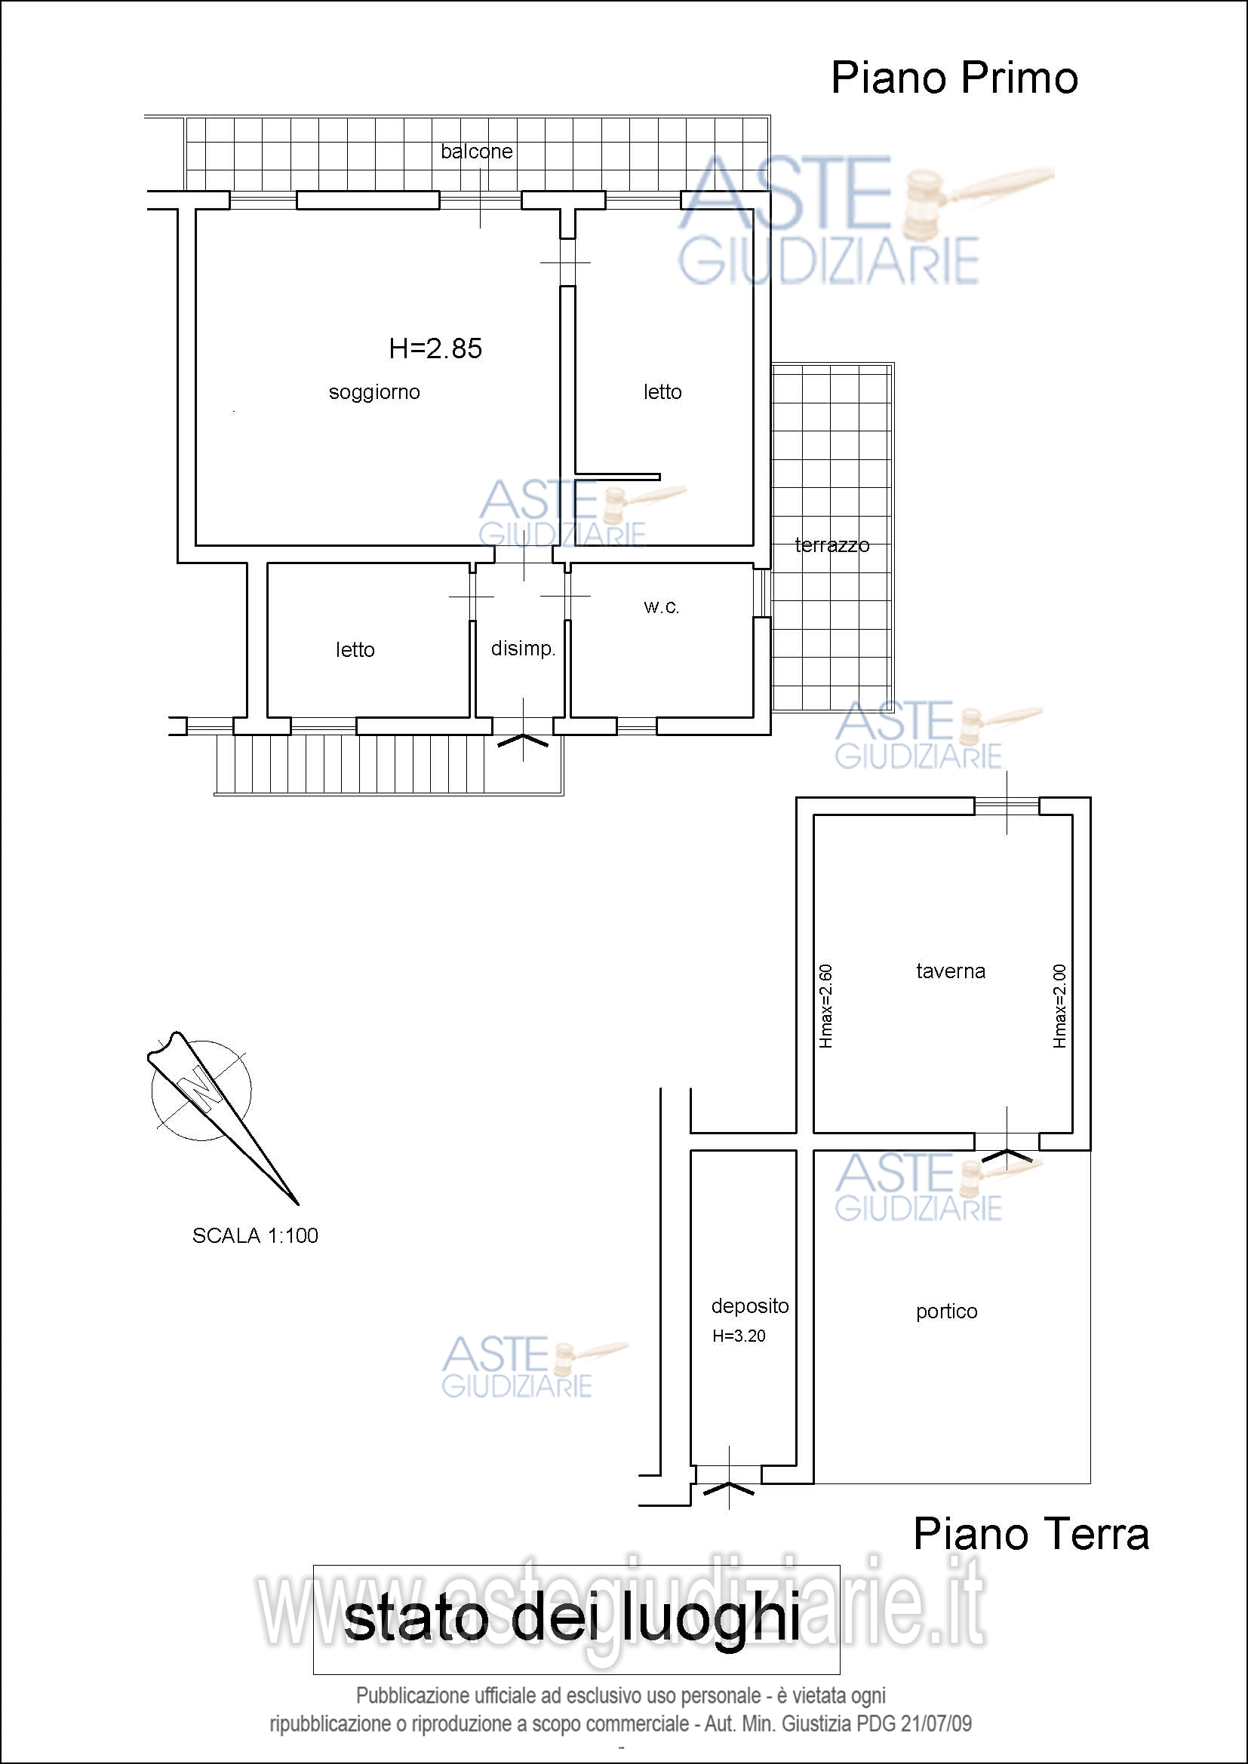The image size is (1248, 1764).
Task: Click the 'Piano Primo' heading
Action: point(954,78)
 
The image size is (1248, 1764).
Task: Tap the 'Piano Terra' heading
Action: point(1031,1534)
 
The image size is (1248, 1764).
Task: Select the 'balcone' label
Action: point(476,152)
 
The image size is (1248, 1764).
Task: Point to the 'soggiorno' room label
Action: point(374,393)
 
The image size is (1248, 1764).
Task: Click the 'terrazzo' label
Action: point(832,545)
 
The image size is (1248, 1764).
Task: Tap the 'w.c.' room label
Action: point(662,607)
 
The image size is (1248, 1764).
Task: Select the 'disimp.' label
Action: point(524,649)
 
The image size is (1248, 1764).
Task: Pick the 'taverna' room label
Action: point(951,971)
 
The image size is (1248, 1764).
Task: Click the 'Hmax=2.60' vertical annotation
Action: point(826,1006)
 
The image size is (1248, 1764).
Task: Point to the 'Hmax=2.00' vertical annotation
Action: point(1059,1006)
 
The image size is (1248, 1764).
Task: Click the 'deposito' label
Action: point(750,1306)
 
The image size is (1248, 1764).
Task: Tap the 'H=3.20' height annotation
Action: point(739,1336)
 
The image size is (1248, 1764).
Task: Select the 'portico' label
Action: point(947,1312)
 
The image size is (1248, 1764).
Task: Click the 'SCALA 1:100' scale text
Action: point(255,1235)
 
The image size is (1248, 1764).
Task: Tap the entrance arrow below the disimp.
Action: point(524,741)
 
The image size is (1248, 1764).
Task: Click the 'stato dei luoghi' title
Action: point(573,1620)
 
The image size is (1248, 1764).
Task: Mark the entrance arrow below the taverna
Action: point(1007,1155)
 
